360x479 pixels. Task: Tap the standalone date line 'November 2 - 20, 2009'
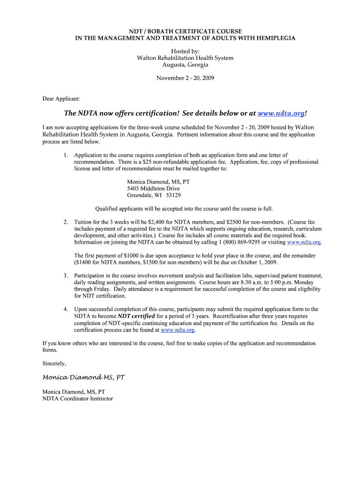pyautogui.click(x=185, y=78)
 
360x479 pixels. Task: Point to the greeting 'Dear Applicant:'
pyautogui.click(x=61, y=99)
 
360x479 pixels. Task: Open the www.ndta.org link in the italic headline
pyautogui.click(x=281, y=114)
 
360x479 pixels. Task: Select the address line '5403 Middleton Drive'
pyautogui.click(x=153, y=189)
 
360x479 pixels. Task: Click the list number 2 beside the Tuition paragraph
pyautogui.click(x=65, y=222)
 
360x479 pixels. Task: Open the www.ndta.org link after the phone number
pyautogui.click(x=304, y=242)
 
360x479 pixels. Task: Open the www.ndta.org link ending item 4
pyautogui.click(x=177, y=330)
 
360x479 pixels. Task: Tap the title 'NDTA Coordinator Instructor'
pyautogui.click(x=78, y=399)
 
